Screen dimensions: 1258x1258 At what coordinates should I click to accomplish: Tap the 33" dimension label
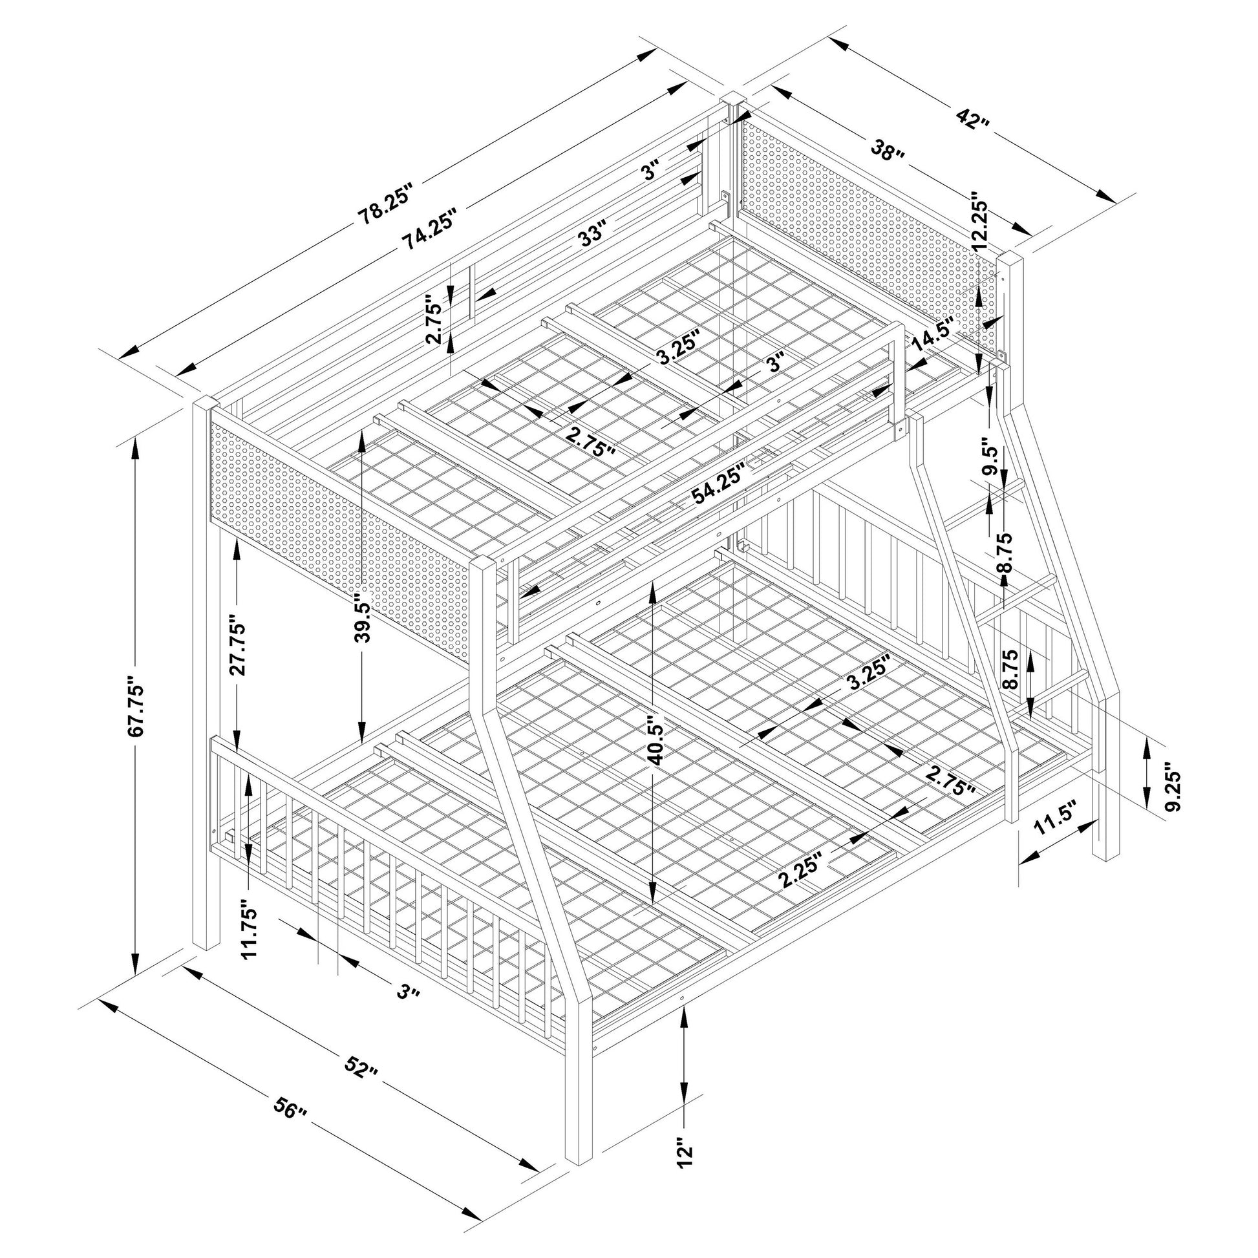click(x=594, y=233)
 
